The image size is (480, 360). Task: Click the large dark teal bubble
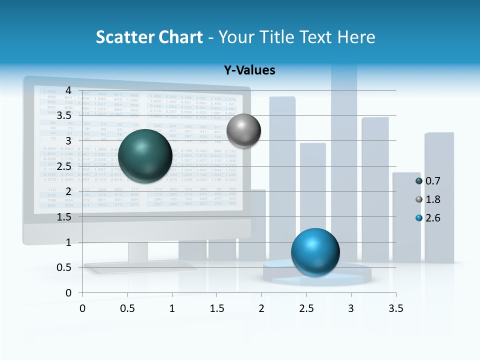click(x=145, y=155)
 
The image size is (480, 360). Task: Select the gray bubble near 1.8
click(x=243, y=131)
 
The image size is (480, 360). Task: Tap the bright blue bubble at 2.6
click(x=315, y=252)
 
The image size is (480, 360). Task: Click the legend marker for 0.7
click(x=419, y=181)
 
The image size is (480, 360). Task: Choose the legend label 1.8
click(x=432, y=199)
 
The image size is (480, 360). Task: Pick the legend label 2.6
click(x=432, y=218)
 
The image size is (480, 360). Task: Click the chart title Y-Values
click(x=249, y=70)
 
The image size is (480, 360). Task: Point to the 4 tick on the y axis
click(x=68, y=90)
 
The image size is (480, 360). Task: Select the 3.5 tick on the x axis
click(x=396, y=308)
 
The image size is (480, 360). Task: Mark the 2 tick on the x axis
click(x=261, y=308)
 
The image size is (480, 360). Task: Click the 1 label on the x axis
click(x=172, y=308)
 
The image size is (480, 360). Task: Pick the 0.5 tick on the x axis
click(x=127, y=308)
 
